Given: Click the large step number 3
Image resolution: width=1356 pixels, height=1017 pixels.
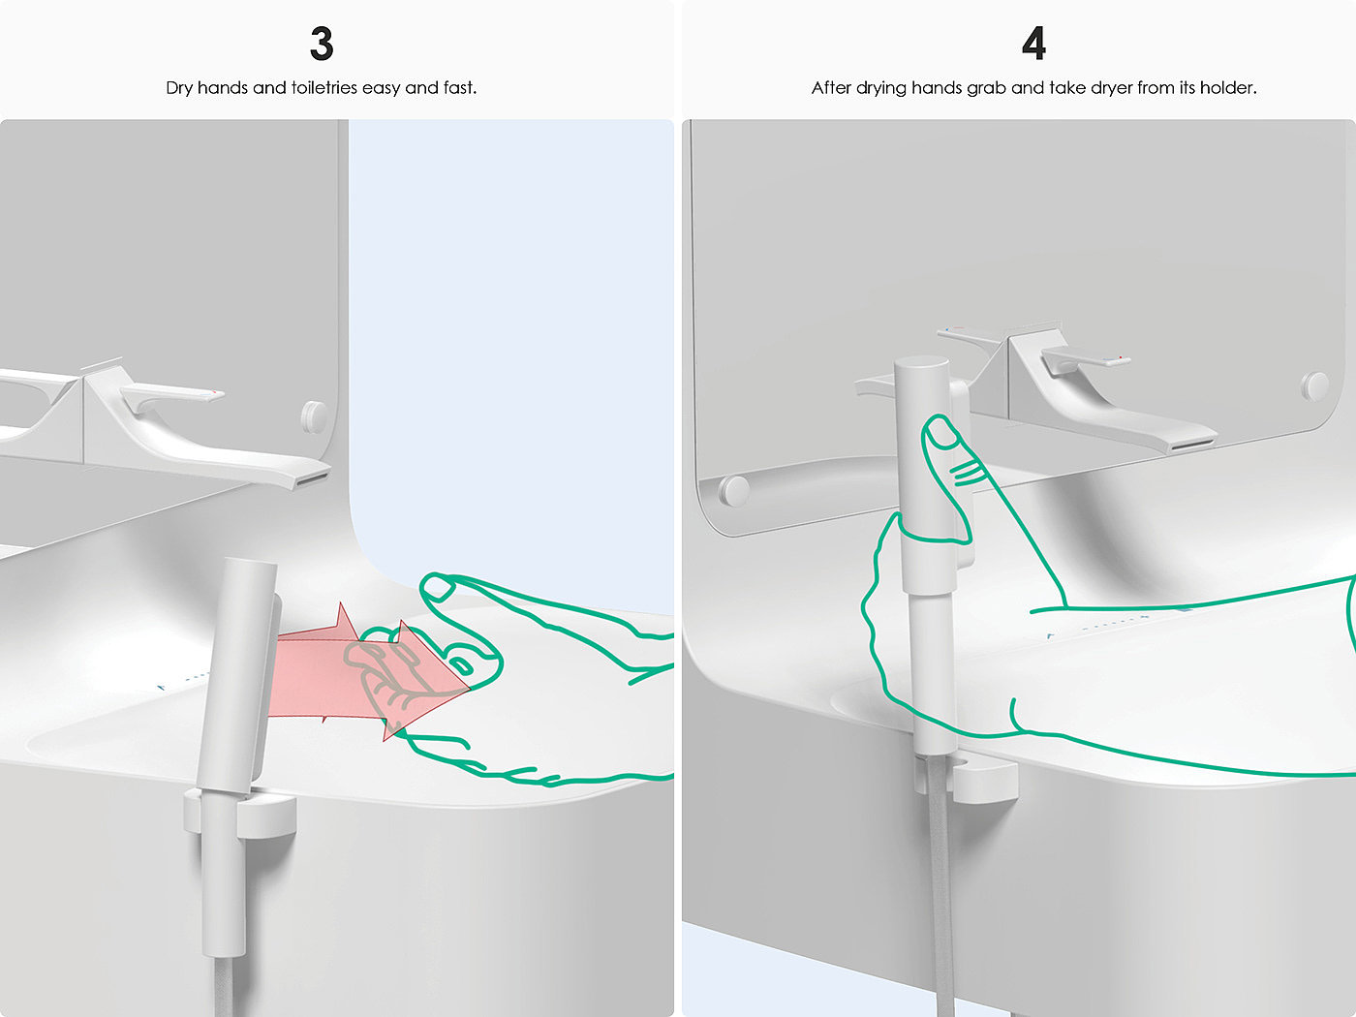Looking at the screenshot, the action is click(322, 44).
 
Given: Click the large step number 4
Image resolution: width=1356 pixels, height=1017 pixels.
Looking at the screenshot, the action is click(1033, 44).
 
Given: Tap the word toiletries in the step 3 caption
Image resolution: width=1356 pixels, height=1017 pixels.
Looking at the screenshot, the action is click(324, 88).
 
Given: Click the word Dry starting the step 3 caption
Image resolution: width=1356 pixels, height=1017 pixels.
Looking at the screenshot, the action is click(179, 88).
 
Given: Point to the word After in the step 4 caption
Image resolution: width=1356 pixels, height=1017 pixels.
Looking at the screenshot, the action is click(831, 88).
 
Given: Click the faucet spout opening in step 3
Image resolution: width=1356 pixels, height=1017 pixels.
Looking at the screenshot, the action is click(312, 478).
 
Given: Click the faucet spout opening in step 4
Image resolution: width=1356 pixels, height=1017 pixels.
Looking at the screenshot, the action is click(1193, 444).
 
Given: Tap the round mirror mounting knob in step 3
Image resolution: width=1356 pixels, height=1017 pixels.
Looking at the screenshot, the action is click(315, 416).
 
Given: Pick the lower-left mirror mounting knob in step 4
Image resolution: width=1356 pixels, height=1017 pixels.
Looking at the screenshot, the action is click(734, 491).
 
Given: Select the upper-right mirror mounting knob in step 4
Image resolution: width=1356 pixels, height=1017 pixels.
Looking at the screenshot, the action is click(1314, 385).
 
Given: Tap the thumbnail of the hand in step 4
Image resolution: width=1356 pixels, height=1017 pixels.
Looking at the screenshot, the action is click(942, 434).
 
